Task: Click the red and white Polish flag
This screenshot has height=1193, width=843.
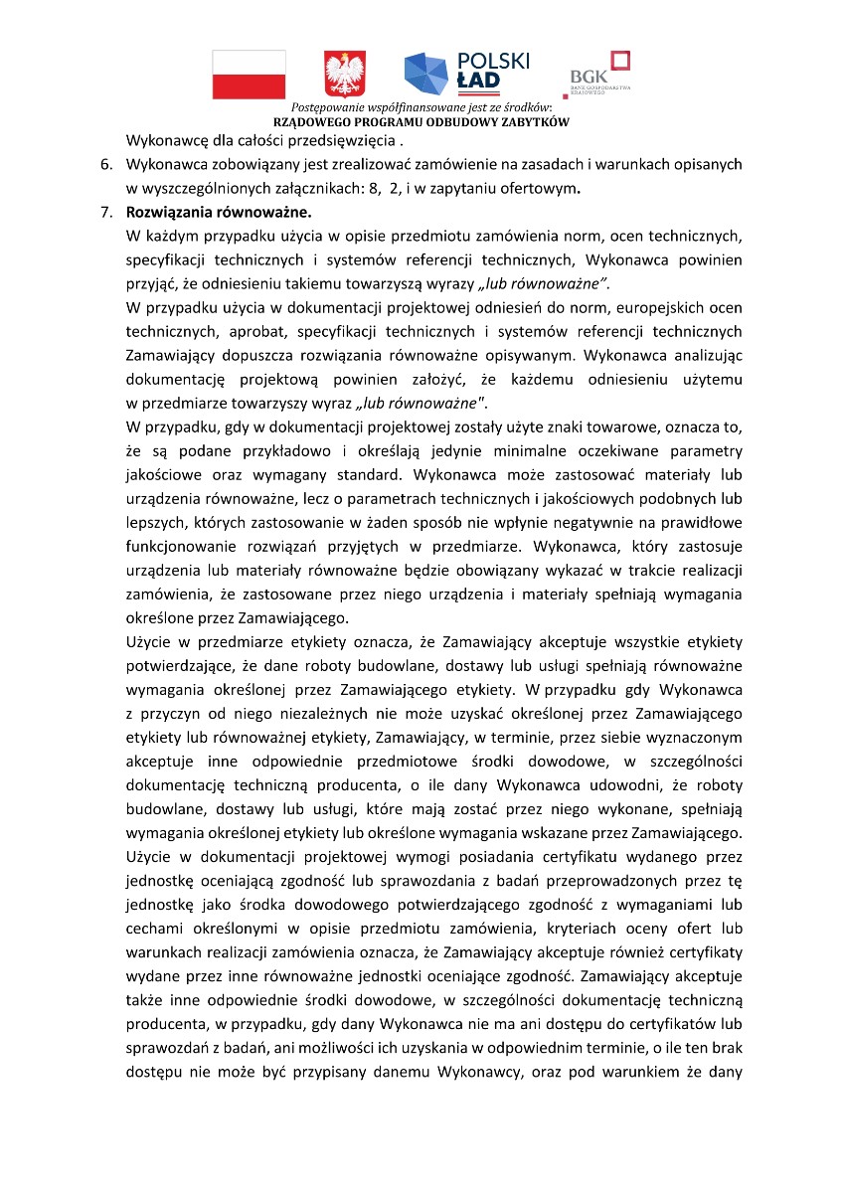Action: (249, 75)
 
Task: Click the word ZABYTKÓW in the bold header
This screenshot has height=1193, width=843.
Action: (537, 121)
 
